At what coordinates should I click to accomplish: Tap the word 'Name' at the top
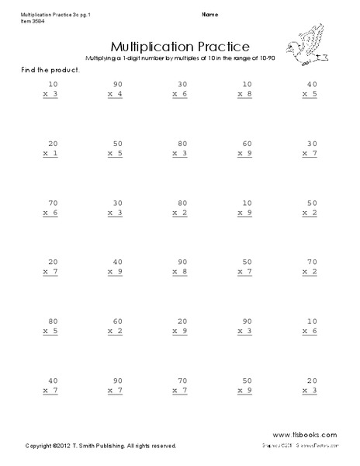(209, 15)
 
